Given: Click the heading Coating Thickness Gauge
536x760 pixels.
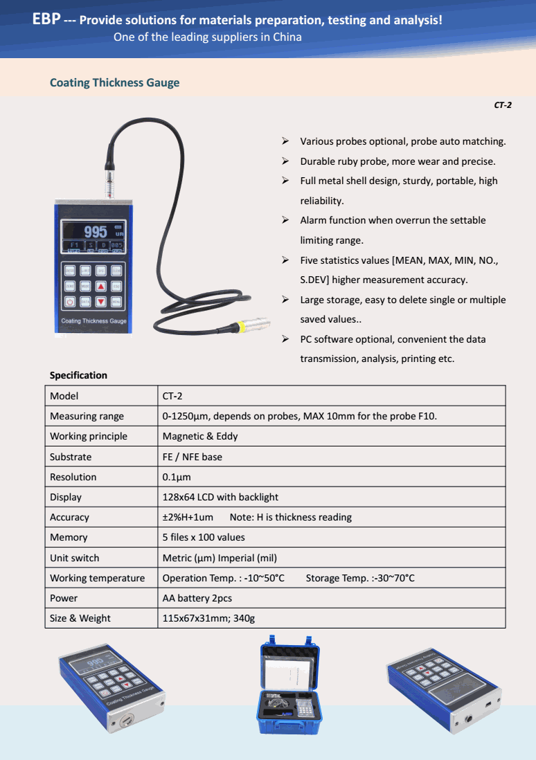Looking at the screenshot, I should tap(114, 83).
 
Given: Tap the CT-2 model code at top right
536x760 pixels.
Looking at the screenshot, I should tap(503, 105).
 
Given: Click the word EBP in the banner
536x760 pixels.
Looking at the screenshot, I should tap(46, 19).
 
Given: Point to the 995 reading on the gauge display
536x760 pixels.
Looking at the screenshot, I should tap(95, 231).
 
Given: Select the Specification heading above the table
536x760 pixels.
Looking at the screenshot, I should tap(78, 375).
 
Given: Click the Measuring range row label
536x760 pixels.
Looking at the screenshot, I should tap(87, 416).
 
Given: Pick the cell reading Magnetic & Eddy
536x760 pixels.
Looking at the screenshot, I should tap(199, 436).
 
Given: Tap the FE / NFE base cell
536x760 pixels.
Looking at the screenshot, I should tap(192, 457).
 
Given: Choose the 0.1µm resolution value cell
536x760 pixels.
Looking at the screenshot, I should tap(177, 477).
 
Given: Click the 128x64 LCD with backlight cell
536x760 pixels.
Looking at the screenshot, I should tap(220, 497).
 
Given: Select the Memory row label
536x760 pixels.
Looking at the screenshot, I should tap(69, 537).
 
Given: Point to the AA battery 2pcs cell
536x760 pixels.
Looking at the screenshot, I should tap(197, 598).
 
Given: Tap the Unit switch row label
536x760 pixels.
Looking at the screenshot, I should tap(74, 558).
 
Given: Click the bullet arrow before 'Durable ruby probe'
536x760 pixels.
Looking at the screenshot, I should tap(285, 161).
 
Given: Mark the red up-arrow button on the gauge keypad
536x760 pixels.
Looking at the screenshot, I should tap(100, 285).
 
